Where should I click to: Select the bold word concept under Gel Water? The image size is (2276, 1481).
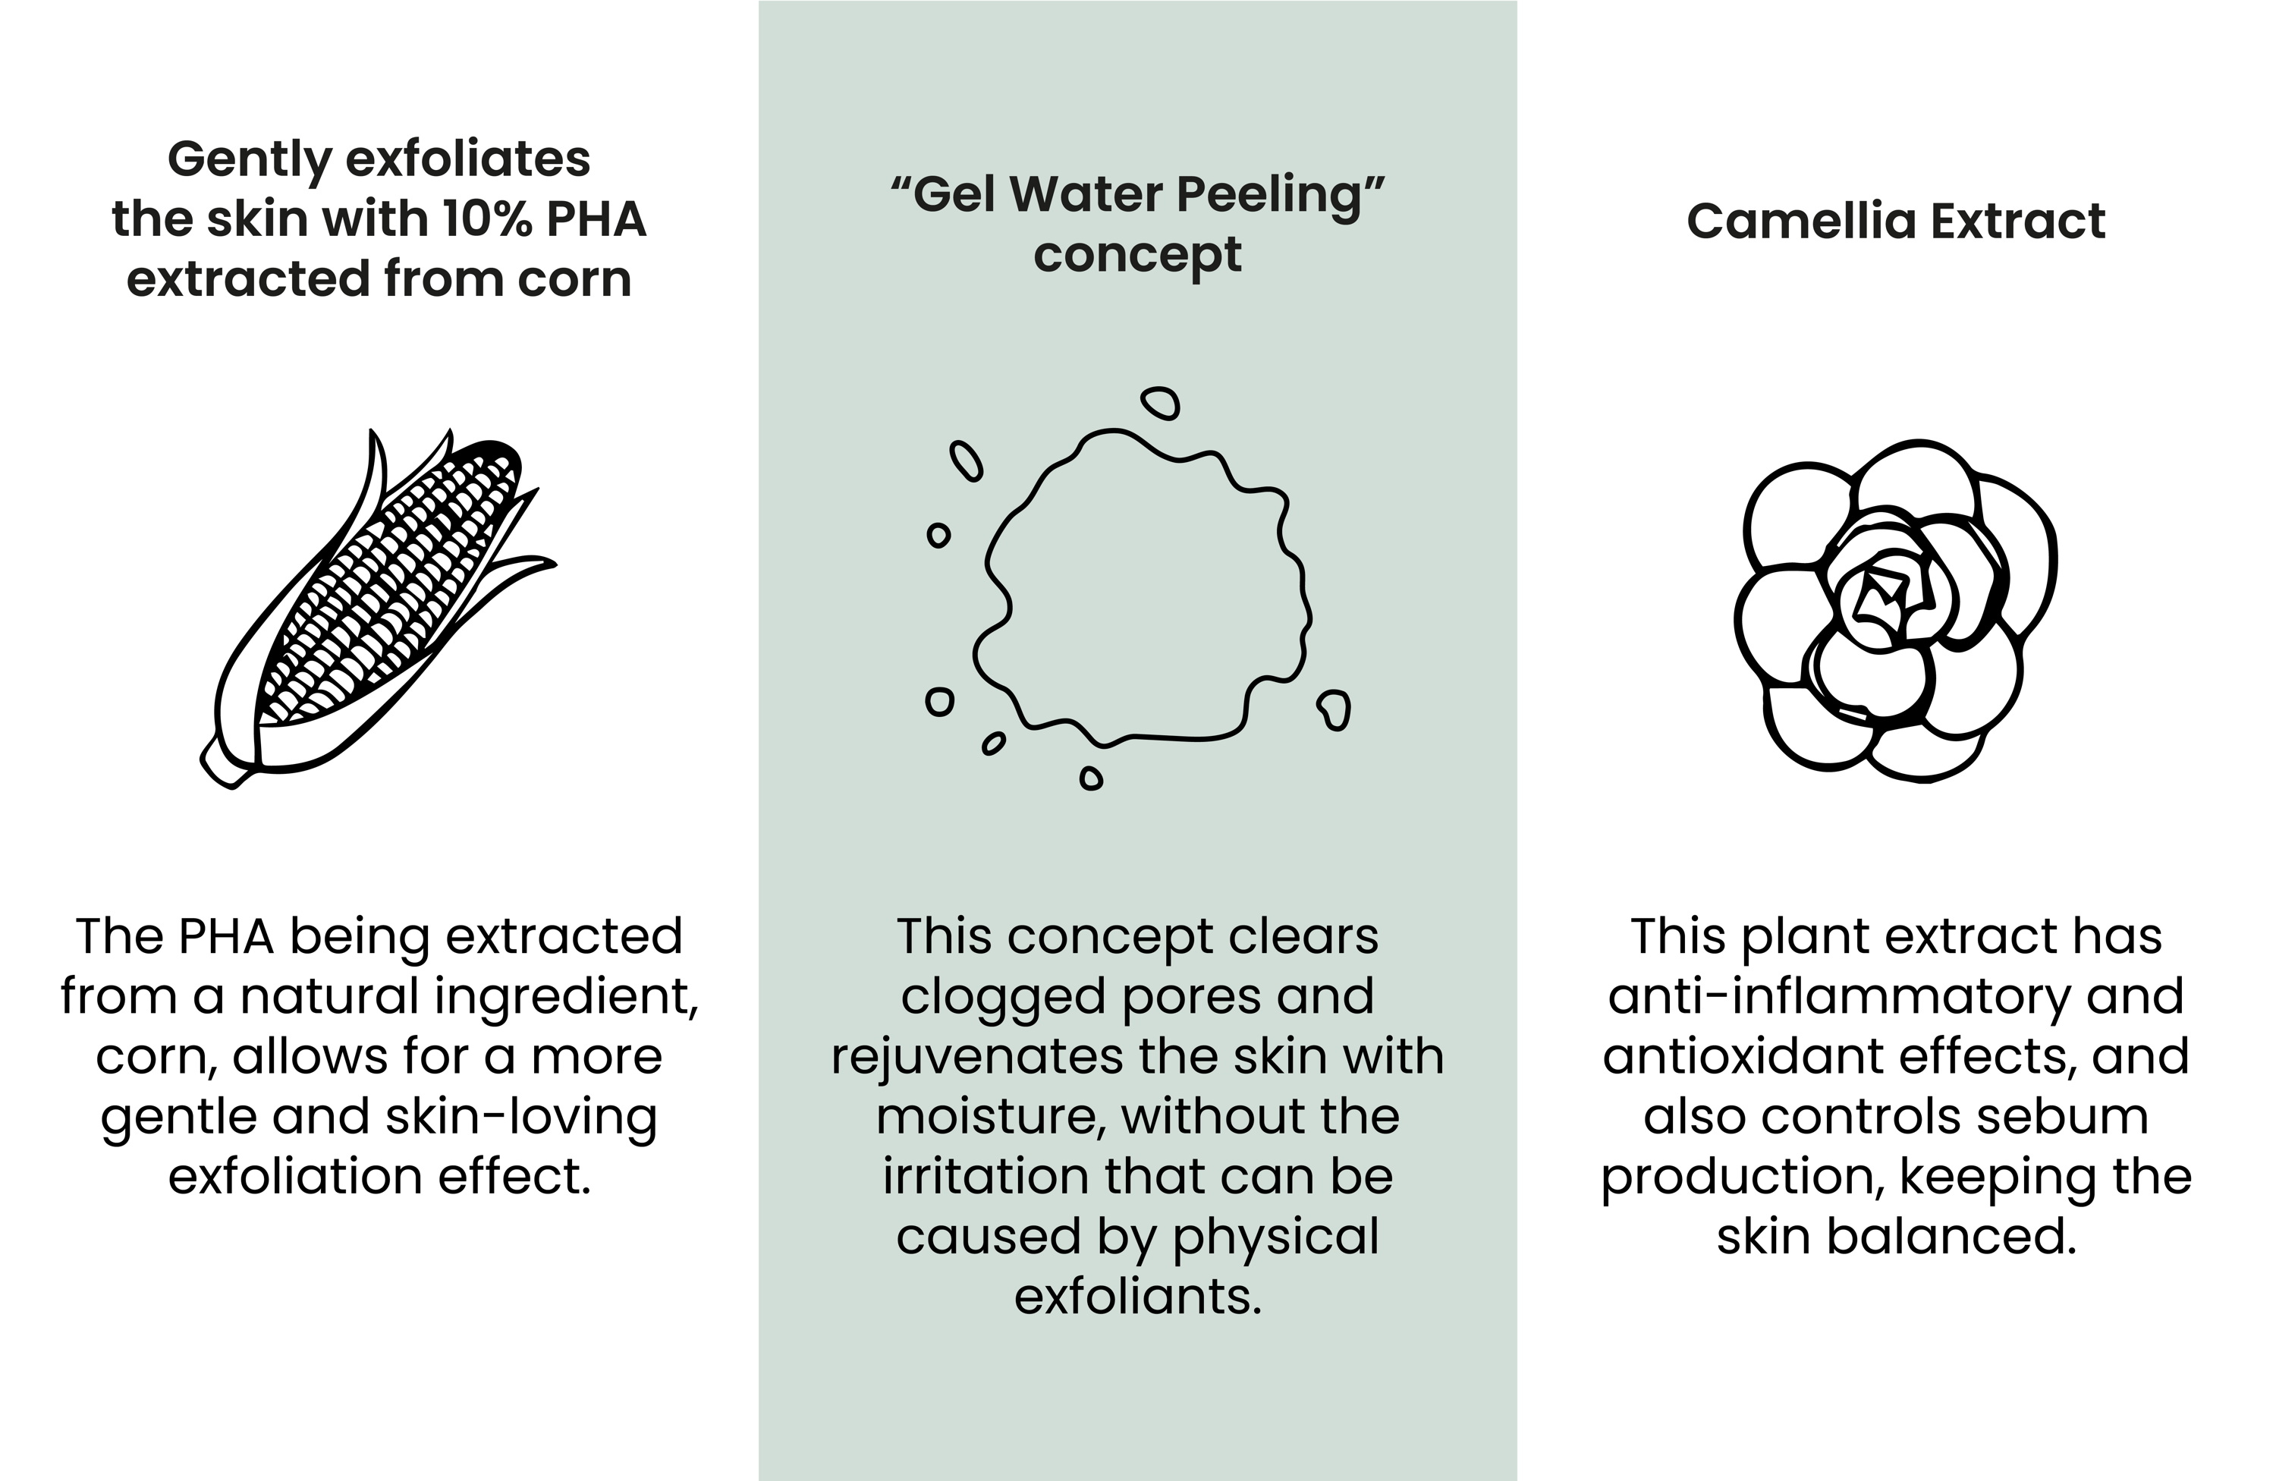pyautogui.click(x=1137, y=255)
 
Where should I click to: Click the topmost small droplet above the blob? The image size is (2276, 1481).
pyautogui.click(x=1161, y=403)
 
